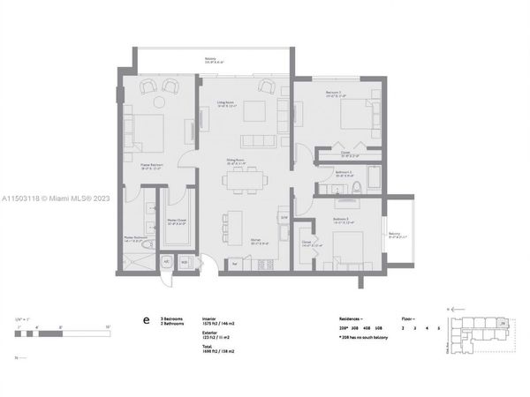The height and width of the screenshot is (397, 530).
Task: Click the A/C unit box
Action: tap(166, 262)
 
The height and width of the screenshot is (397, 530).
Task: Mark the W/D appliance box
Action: tap(185, 262)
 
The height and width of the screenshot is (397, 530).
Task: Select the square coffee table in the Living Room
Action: tap(257, 110)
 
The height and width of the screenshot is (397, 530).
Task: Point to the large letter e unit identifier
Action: tap(145, 322)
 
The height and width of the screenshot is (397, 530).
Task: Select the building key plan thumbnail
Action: tap(482, 334)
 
